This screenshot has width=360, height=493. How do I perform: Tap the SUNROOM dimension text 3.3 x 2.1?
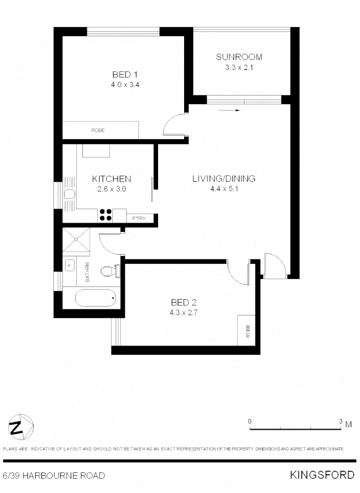[239, 68]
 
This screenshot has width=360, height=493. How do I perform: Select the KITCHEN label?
[112, 178]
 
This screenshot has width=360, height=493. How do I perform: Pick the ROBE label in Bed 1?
[98, 130]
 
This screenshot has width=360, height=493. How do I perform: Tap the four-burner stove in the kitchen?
[106, 215]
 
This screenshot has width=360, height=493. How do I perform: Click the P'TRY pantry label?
[139, 219]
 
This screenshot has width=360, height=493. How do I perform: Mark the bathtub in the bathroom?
[95, 299]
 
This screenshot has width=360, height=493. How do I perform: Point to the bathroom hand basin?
[69, 264]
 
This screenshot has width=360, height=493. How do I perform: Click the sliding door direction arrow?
[229, 110]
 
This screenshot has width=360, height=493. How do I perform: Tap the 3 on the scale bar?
[341, 421]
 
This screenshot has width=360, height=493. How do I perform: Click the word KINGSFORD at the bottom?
[322, 475]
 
